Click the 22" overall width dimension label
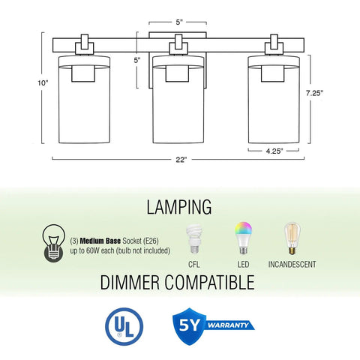pos(181,160)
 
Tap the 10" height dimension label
pos(43,83)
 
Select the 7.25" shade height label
pos(315,93)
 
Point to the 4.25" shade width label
pos(274,151)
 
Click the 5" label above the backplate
pos(179,22)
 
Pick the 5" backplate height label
pos(137,60)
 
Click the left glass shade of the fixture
pos(84,100)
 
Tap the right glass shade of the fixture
pos(274,100)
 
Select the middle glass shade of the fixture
pos(178,100)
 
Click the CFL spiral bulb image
pos(194,239)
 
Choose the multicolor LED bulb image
pos(243,238)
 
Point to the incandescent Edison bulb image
pos(292,238)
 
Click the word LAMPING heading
pos(179,207)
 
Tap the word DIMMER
pos(130,282)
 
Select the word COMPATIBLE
pos(209,282)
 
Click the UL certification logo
pos(124,326)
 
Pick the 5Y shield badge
pos(190,326)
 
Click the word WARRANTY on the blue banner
pos(228,325)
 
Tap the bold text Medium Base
pos(100,241)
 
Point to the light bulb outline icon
pos(54,243)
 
